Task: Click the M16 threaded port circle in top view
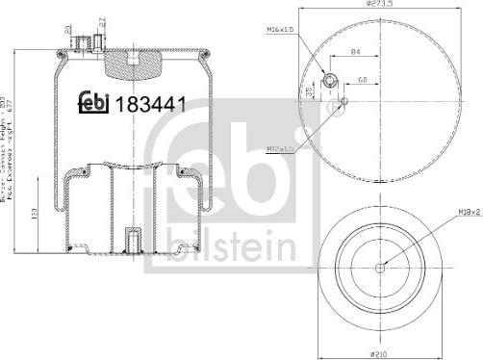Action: click(x=329, y=81)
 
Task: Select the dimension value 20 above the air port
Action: click(x=68, y=29)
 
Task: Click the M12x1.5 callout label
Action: click(x=280, y=148)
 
